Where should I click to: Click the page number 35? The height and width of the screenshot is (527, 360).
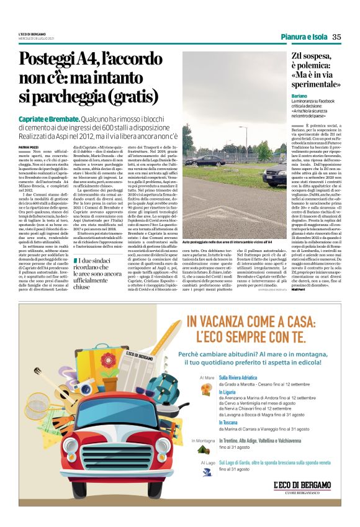[x=336, y=36]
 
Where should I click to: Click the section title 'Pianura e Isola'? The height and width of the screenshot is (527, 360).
[x=303, y=37]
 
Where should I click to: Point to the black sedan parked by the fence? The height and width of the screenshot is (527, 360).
[x=220, y=160]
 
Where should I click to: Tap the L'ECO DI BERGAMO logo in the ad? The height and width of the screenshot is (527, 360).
[x=302, y=486]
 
